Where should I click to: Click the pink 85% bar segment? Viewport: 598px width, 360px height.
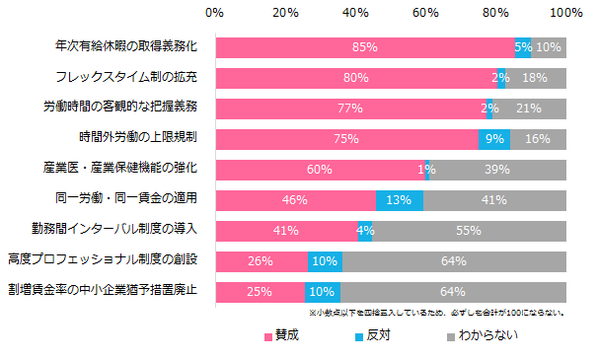tap(364, 47)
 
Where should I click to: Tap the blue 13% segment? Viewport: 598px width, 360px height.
tap(400, 201)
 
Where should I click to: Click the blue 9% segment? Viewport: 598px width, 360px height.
tap(494, 140)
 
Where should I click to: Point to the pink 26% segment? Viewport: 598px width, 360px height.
tap(261, 262)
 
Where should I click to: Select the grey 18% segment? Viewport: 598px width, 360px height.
tap(536, 78)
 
